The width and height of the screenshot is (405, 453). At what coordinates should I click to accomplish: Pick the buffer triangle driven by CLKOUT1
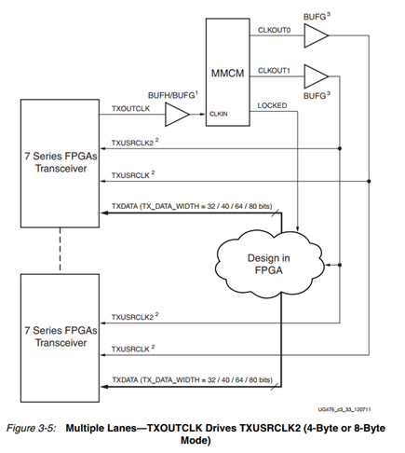click(317, 75)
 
